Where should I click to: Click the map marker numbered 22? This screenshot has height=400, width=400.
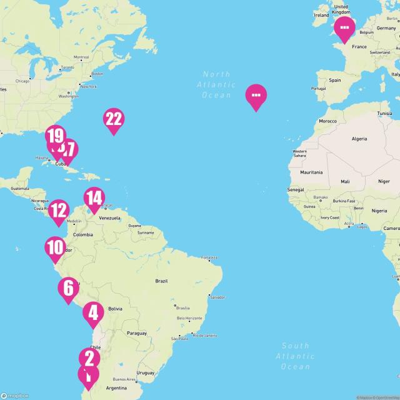point(113,119)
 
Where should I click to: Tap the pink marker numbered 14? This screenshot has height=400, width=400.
point(94,198)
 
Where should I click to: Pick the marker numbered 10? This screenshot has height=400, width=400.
point(55,247)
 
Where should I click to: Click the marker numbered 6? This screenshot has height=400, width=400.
point(68,287)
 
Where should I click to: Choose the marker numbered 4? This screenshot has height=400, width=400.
point(94,312)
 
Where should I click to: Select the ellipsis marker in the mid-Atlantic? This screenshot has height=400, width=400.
point(256,96)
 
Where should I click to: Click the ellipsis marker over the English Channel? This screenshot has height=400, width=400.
point(344,27)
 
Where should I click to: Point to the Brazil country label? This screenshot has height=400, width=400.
point(162,281)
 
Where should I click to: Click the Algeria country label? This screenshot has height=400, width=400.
point(359,138)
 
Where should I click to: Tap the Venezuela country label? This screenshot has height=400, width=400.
point(109,217)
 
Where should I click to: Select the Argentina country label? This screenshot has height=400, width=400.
point(117,388)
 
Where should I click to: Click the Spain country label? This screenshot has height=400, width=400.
point(335,80)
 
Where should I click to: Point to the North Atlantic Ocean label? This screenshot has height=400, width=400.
point(217,84)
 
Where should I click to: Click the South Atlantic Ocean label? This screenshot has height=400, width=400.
point(296,356)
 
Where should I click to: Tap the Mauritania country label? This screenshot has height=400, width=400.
point(311,172)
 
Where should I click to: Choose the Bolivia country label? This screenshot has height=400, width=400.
point(115,309)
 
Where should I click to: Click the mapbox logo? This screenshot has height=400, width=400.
point(15,395)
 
